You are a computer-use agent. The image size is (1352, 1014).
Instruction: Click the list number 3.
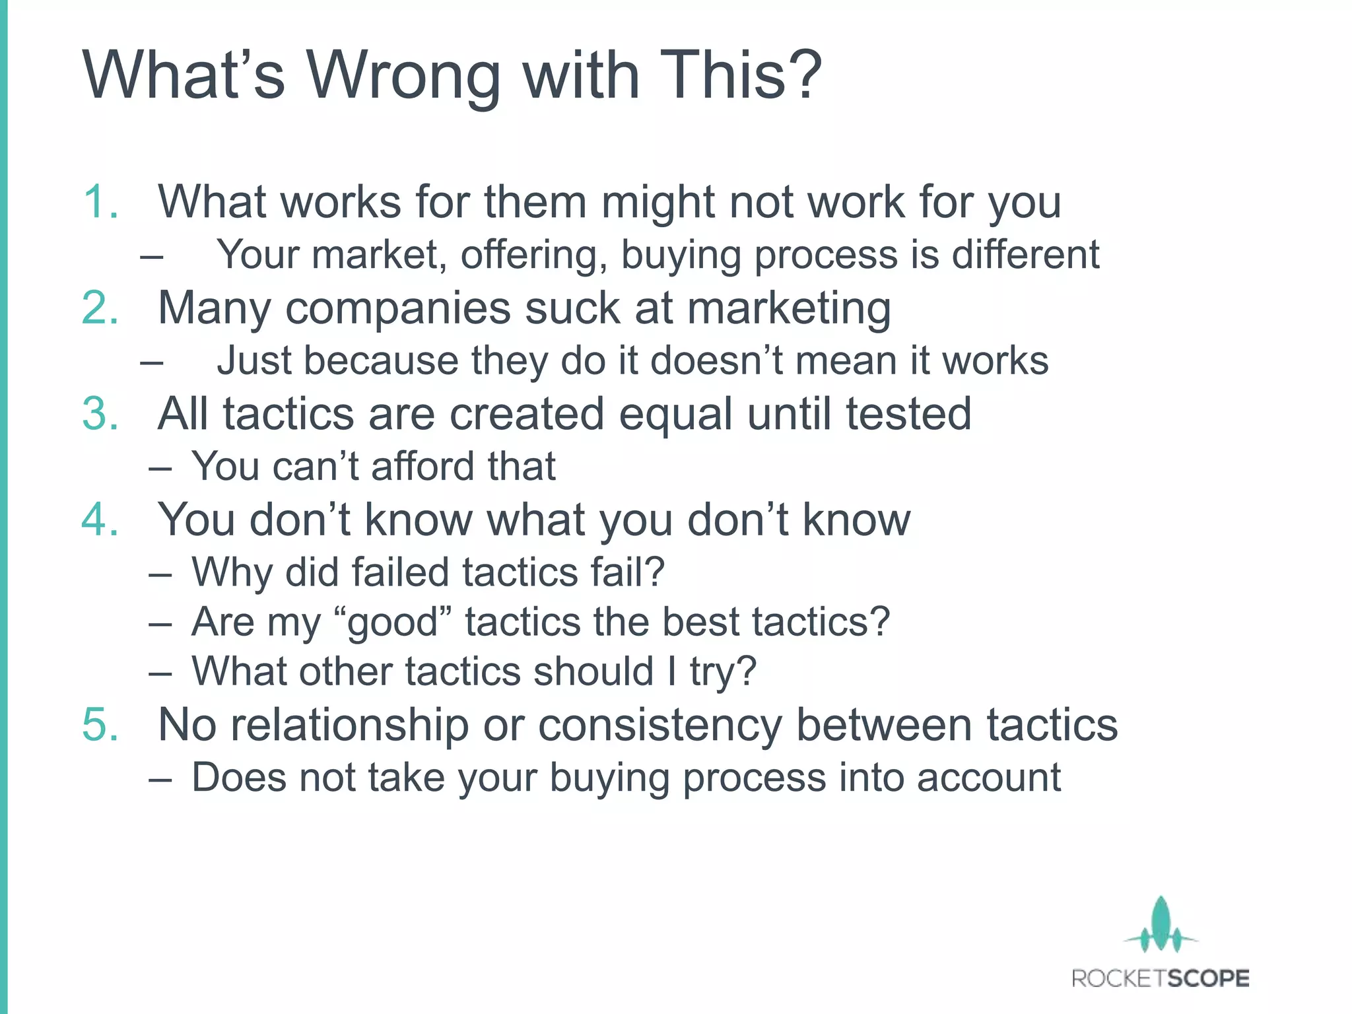100,414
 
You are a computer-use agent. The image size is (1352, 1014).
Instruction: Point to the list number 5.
100,725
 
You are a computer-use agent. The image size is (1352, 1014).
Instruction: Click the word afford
414,466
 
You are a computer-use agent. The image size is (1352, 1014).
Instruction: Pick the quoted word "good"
393,623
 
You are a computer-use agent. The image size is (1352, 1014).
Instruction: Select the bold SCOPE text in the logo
1204,978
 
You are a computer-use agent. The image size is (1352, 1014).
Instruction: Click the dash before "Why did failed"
160,573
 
